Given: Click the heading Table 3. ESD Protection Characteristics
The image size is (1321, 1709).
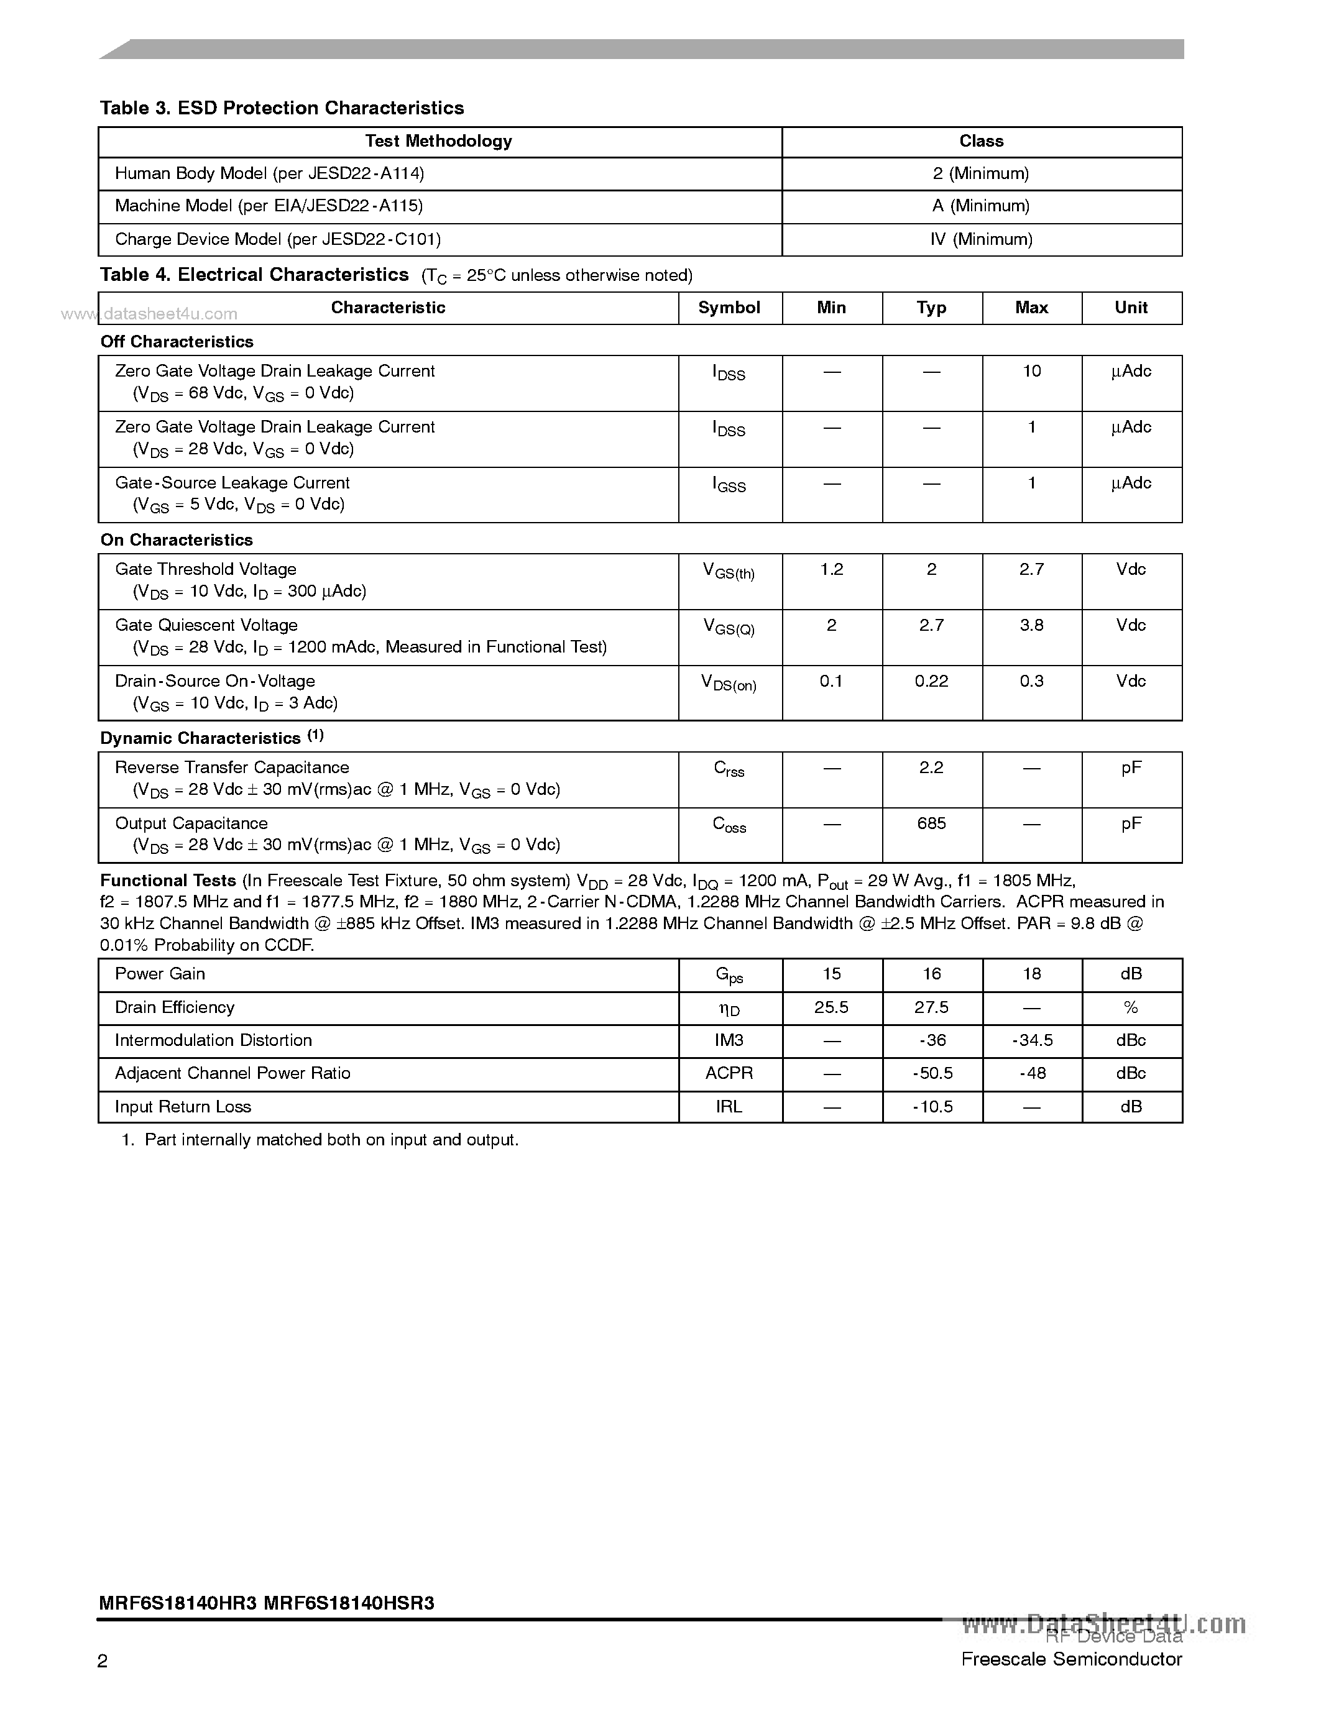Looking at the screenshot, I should point(282,108).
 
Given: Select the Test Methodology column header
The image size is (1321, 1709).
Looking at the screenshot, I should point(438,142).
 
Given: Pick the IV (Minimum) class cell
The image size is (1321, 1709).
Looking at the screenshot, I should point(982,239).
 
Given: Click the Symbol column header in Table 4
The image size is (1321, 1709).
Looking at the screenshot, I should point(729,308).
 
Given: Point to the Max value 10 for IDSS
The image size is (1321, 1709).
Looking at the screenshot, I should point(1031,372).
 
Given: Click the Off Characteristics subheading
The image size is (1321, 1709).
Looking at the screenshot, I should point(177,342).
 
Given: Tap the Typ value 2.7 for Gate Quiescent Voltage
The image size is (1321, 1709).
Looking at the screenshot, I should point(931,626).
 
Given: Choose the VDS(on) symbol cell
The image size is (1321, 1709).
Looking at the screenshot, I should point(729,683).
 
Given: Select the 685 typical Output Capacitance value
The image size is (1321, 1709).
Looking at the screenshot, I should point(931,824).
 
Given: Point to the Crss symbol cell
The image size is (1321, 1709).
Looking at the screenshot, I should point(729,769).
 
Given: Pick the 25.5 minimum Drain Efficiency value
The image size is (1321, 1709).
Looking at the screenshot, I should point(831,1008).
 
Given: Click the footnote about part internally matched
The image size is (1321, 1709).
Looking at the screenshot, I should point(321,1140).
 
